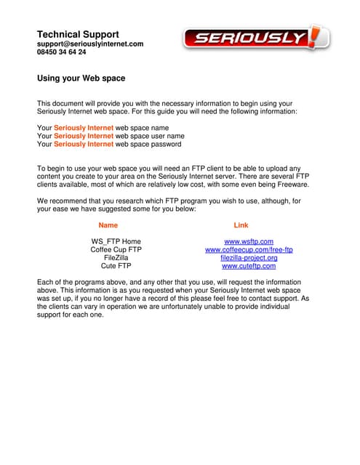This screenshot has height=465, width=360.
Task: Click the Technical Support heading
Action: coord(78,34)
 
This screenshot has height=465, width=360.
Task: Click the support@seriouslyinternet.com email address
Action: coord(90,44)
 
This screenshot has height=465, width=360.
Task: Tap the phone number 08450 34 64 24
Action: coord(61,52)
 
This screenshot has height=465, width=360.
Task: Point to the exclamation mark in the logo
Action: coord(315,36)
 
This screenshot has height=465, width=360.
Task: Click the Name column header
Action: coord(108,225)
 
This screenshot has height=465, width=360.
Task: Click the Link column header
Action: coord(241,225)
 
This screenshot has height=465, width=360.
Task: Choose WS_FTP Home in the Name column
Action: coord(116,241)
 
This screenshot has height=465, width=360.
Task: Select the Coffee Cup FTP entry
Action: coord(116,250)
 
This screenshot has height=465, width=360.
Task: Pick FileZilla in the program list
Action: coord(116,258)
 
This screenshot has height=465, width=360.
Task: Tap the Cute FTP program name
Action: coord(116,267)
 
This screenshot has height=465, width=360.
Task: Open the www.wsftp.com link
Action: coord(249,241)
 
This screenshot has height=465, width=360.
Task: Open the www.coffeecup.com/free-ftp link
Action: coord(249,250)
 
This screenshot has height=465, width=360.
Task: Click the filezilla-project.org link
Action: coord(249,258)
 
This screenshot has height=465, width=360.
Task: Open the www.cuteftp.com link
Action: coord(249,267)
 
